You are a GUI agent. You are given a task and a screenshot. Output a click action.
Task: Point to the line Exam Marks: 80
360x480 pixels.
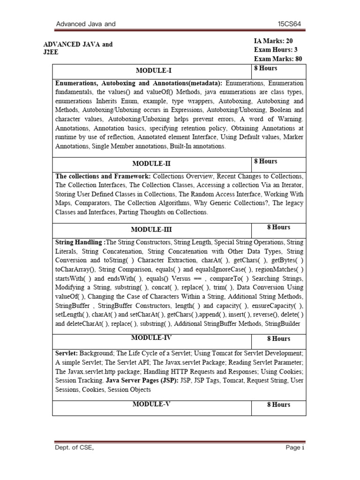(x=278, y=59)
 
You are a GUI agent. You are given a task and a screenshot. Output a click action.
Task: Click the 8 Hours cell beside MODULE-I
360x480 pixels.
(x=265, y=68)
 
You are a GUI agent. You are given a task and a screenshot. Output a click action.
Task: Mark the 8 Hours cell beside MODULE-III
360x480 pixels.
(x=278, y=227)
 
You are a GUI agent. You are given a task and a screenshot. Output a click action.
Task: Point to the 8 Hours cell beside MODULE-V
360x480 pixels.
(x=278, y=405)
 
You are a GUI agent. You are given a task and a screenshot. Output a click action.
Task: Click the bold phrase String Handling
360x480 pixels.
(x=80, y=242)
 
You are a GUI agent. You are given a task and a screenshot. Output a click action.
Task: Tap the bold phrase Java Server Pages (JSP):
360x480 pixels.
(x=142, y=380)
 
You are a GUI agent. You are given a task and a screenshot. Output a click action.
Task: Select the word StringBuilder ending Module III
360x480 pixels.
(x=284, y=323)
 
